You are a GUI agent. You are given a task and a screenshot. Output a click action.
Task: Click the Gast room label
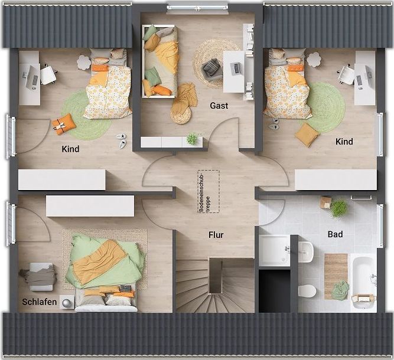coord(219,106)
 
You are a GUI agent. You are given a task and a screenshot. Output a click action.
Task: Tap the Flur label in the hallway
coord(216,235)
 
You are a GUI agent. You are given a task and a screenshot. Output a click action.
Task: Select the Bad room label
coord(335,234)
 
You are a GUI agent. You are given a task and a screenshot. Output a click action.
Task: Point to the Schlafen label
coord(40,302)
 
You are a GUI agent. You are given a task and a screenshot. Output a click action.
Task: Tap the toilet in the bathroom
coord(307,292)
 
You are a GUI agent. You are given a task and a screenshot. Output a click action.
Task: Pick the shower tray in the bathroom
coord(275,250)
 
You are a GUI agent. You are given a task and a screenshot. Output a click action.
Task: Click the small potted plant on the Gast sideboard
coord(192,138)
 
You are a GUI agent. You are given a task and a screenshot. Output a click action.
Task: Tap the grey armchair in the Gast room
coord(212,68)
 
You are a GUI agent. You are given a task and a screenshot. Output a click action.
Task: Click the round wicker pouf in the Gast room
coord(180,114)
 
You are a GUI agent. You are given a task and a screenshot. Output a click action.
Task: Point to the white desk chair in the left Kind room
coord(48,74)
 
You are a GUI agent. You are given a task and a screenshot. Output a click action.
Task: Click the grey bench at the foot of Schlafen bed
coord(41,277)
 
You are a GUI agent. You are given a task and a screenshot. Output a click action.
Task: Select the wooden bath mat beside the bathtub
coord(336,276)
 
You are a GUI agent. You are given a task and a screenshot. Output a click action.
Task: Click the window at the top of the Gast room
coord(198,5)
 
